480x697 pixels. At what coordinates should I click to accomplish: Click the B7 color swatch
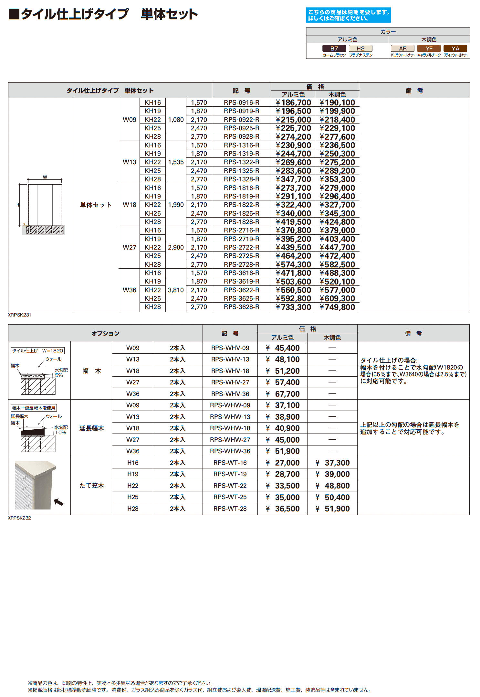point(334,48)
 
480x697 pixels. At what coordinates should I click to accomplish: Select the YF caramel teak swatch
point(429,48)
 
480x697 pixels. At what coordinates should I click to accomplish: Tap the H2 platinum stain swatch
point(360,48)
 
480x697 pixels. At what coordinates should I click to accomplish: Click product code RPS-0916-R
point(241,102)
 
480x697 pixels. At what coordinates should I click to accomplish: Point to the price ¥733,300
point(293,307)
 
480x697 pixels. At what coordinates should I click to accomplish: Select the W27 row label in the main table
point(129,247)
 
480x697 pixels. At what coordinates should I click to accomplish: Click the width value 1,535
point(176,162)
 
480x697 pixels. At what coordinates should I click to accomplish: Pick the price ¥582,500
point(337,264)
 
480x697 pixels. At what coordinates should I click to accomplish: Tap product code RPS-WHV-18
point(230,371)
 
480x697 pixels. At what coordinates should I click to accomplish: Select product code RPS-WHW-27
point(230,440)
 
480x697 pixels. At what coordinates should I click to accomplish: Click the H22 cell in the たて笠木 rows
point(133,486)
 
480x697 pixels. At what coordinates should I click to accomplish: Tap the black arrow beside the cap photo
point(58,502)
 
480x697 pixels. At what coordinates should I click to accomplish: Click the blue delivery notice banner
point(348,15)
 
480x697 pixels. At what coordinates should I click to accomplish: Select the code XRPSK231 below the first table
point(19,315)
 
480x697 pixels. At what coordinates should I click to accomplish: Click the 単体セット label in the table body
point(96,205)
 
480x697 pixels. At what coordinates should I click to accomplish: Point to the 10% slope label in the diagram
point(61,433)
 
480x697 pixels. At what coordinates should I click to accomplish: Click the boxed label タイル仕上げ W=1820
point(37,351)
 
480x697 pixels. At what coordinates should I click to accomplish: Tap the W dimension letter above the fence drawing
point(45,177)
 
